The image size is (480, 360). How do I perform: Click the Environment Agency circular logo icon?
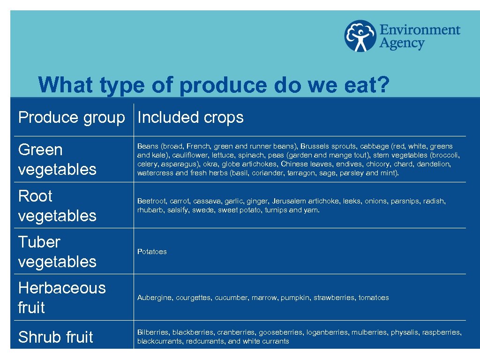(360, 36)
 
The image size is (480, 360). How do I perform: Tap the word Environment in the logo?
(420, 30)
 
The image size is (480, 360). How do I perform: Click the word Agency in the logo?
(402, 44)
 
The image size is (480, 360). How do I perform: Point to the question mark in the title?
(382, 85)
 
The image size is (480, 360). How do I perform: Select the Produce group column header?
(71, 117)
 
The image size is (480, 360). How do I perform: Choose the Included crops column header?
(190, 117)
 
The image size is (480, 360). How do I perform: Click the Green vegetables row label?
(57, 159)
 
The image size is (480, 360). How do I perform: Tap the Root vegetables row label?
(57, 205)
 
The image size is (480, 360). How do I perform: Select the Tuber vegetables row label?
(57, 251)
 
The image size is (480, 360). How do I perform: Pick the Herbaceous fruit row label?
(61, 297)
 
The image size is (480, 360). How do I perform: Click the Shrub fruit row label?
(55, 337)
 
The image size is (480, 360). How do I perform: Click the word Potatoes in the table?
(152, 252)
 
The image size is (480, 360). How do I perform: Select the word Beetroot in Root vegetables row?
(151, 201)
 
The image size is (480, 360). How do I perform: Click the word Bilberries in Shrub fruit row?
(153, 332)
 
